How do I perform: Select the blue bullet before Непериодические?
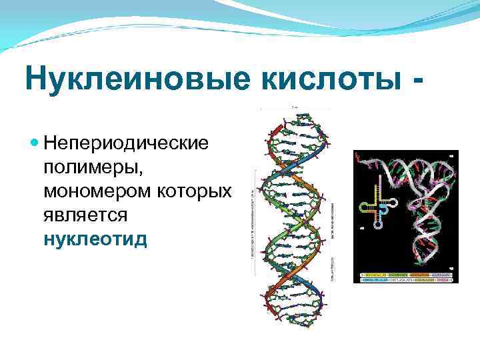pos(35,142)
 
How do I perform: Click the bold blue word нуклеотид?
pos(95,239)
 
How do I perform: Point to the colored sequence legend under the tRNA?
pos(405,277)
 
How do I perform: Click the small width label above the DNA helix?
pos(294,106)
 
